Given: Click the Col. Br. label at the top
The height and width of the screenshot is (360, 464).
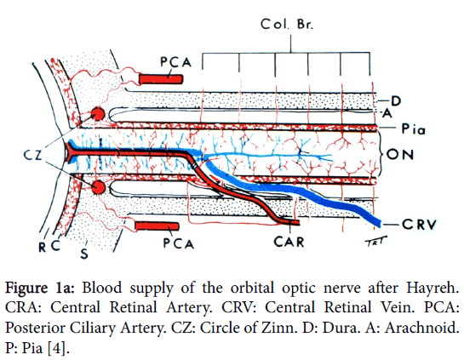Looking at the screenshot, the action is pos(286,25).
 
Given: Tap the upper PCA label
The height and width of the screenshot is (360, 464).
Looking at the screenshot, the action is pos(175,62).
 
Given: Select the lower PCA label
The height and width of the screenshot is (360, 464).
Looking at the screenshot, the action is pos(179,243).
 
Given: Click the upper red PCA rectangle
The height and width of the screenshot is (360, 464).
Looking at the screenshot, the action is pos(161,79).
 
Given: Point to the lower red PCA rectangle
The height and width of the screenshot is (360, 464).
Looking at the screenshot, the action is pos(157,226).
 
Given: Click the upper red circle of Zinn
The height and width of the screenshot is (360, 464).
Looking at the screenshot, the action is pos(98,114).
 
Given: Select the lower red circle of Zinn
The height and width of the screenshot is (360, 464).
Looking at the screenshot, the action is pos(98,187).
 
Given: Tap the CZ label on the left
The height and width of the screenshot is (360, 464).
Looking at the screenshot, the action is pos(33,155).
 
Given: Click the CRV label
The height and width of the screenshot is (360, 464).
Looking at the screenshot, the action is pos(419,225).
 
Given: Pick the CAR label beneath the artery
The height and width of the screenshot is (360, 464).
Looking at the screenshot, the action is pos(289,242).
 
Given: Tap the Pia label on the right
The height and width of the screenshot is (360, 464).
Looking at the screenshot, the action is pos(413,129).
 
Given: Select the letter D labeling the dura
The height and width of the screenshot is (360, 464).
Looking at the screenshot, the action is pos(396,101).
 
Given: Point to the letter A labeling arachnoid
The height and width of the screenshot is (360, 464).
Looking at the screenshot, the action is pos(387,113).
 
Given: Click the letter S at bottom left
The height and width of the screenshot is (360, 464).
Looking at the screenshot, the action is pos(84,254).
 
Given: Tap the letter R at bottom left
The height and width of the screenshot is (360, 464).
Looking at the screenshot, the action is pos(43,247).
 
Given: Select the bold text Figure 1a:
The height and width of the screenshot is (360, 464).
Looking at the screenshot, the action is pos(40,289).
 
